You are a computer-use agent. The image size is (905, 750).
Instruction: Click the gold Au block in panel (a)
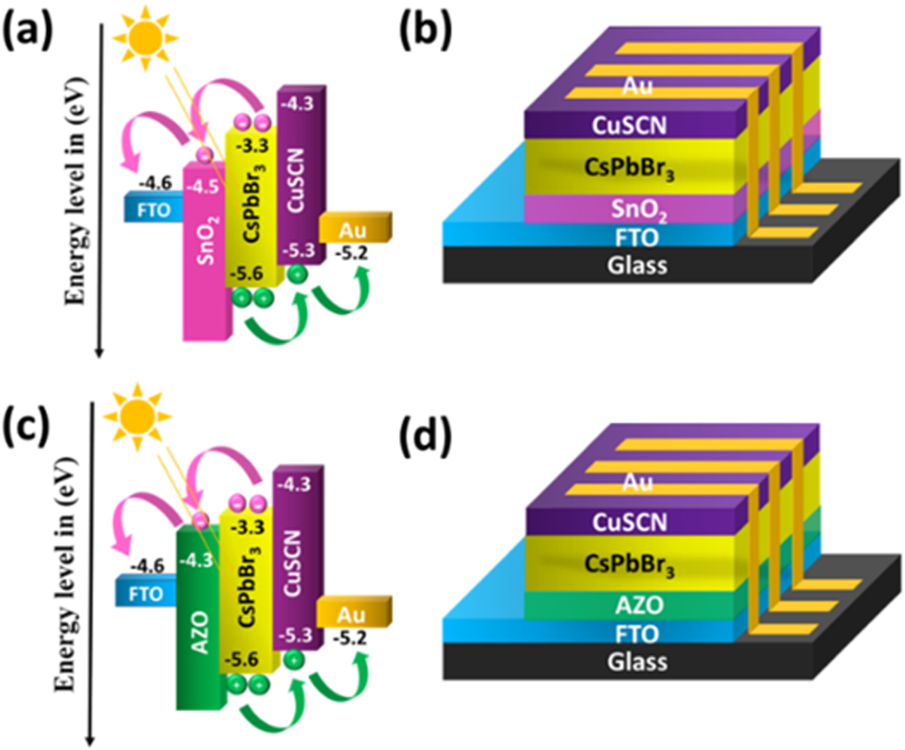click(x=355, y=228)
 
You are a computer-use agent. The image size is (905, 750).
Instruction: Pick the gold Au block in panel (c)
click(x=354, y=613)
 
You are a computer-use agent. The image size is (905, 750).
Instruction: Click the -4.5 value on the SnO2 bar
click(x=203, y=186)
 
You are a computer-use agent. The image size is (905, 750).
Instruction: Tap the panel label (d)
click(x=427, y=432)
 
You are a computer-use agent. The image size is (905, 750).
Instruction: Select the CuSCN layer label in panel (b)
click(x=631, y=125)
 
